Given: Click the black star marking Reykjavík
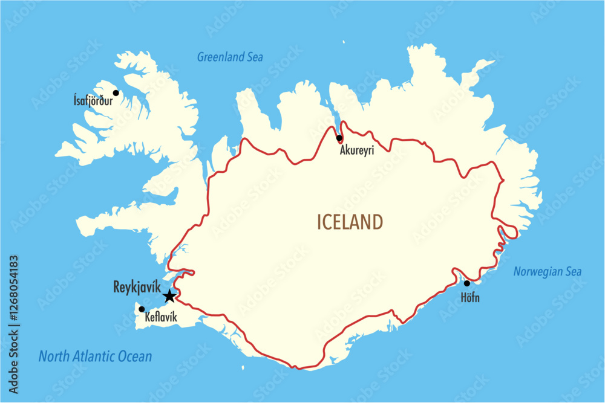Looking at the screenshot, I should coord(169,296).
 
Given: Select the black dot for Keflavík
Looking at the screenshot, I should coord(142,309).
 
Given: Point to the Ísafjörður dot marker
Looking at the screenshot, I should coord(116,93).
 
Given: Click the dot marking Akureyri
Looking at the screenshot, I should coord(339,138).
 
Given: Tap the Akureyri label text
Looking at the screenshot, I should coord(357,150).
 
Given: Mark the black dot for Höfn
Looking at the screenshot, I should coord(466,283).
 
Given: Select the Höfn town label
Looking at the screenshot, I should coord(470,298).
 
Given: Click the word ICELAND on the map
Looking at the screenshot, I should coord(350,222).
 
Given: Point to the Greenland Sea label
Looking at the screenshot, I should coord(230,57).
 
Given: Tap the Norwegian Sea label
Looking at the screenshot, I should coord(548,272).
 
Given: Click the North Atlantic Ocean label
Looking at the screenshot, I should coord(95,356).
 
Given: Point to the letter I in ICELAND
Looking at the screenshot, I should coord(319,222).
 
